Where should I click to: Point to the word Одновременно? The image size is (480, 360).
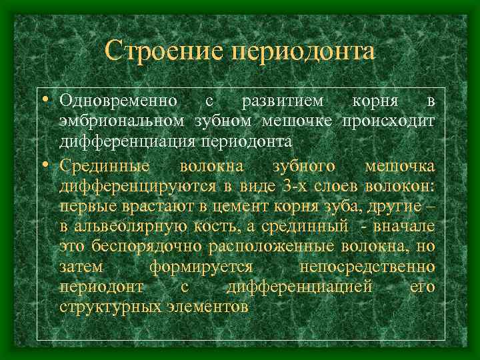(x=118, y=101)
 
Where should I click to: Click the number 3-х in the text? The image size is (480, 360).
(x=273, y=185)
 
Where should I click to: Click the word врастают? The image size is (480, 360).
(x=147, y=205)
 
